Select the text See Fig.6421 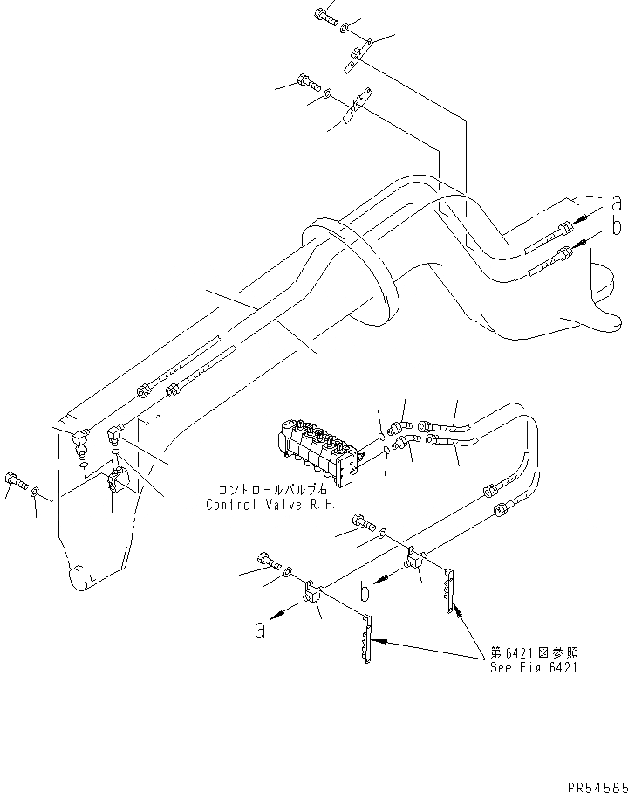(533, 667)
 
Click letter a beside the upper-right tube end (616, 203)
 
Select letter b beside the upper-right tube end (616, 227)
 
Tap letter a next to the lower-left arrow (259, 629)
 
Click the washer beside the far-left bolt (35, 493)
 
